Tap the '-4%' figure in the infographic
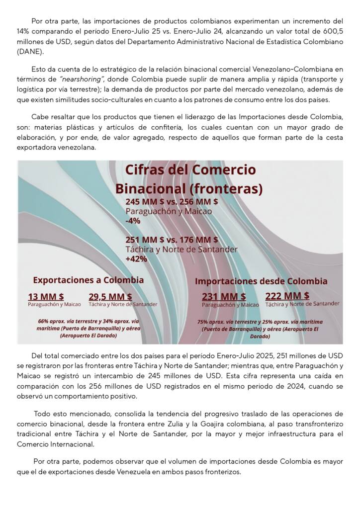[133, 221]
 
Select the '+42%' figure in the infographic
[136, 259]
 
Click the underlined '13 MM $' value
[46, 296]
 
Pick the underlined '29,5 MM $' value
[110, 296]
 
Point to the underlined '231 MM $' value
[224, 297]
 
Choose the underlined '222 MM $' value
[287, 296]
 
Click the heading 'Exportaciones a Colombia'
[89, 280]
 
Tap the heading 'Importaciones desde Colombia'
[261, 281]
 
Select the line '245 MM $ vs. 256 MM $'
[172, 202]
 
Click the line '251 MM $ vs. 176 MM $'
[172, 240]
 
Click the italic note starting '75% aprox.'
[260, 329]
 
